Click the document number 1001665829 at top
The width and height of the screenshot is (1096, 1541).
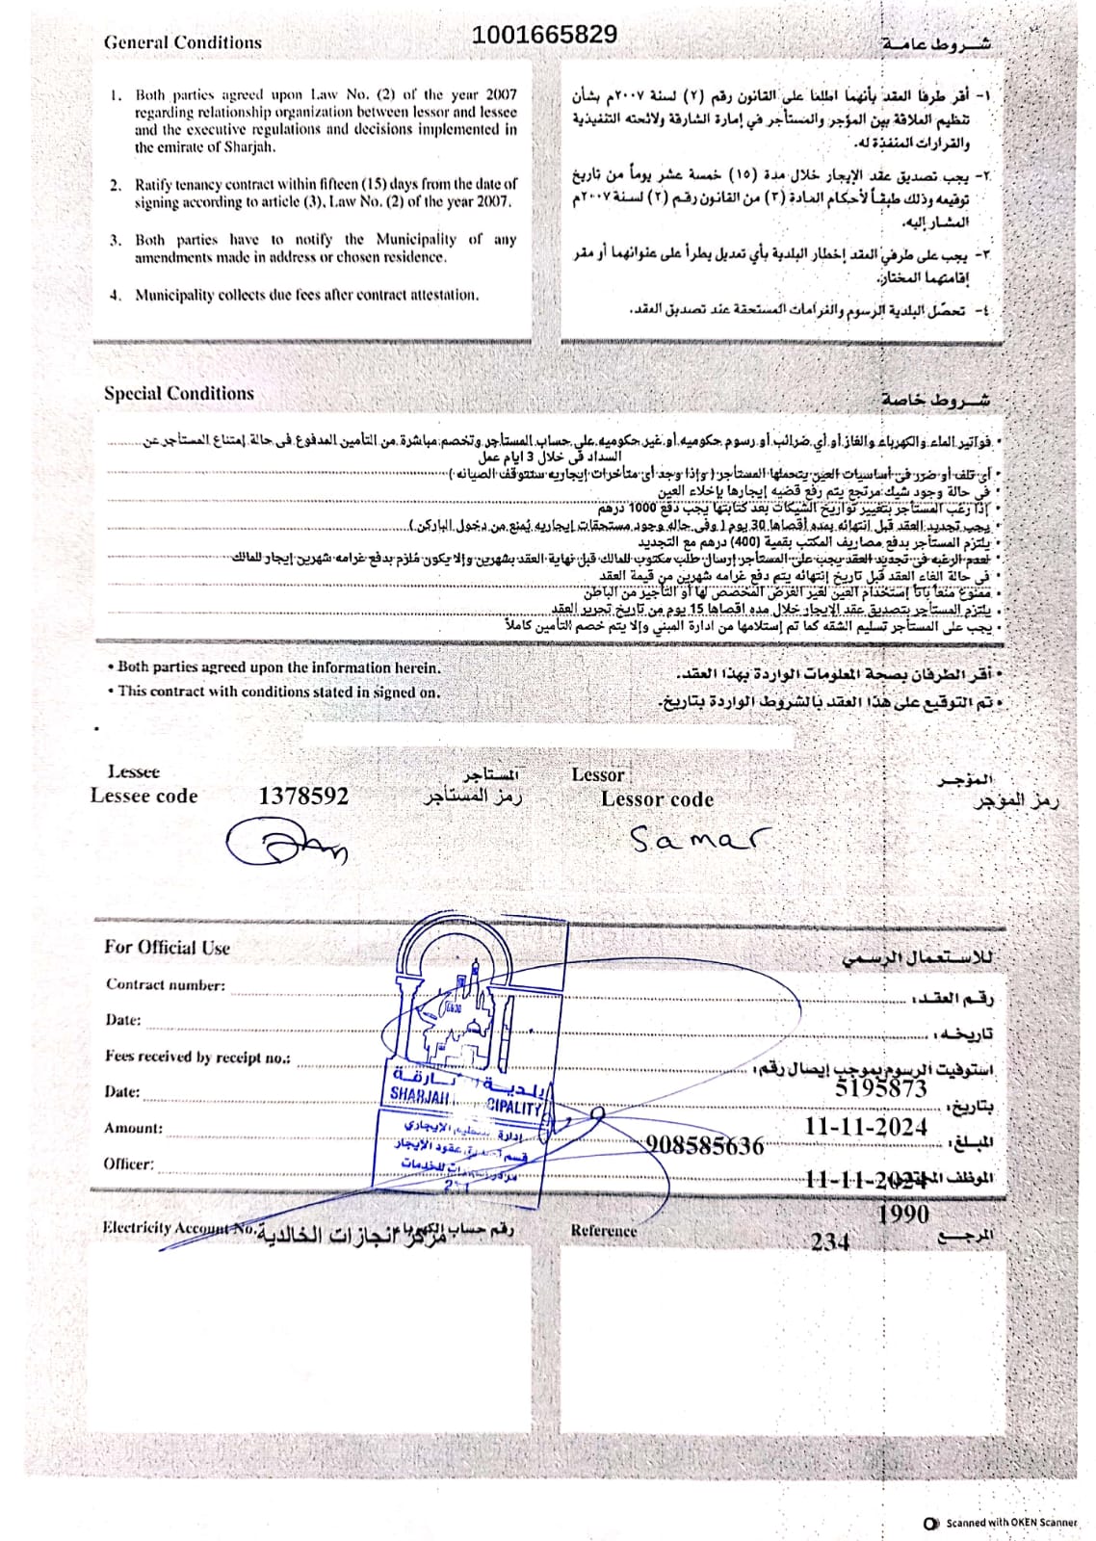coord(544,35)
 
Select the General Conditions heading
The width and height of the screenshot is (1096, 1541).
coord(182,42)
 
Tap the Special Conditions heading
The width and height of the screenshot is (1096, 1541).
coord(178,393)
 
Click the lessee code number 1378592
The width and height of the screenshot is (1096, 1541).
coord(303,796)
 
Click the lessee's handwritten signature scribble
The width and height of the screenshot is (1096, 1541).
coord(285,844)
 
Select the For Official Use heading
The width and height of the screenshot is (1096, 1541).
coord(167,947)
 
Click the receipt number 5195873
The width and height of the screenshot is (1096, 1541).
coord(880,1088)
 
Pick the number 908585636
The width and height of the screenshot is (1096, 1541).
coord(705,1145)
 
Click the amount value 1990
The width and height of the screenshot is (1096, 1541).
coord(902,1214)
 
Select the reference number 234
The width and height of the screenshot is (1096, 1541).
coord(829,1241)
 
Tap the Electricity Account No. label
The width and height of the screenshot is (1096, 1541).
coord(179,1228)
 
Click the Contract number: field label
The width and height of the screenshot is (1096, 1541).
coord(166,984)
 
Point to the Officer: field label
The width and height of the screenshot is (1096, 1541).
coord(128,1163)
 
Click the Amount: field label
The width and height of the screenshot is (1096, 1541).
coord(133,1128)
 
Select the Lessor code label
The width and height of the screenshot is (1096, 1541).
coord(657,799)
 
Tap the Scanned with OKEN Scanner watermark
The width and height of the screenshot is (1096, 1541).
coord(1002,1523)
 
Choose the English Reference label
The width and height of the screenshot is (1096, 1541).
coord(603,1230)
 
